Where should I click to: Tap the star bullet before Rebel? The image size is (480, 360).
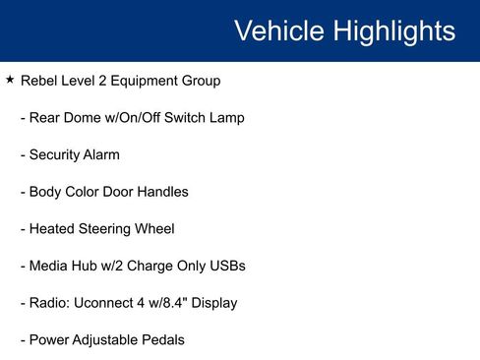pyautogui.click(x=9, y=80)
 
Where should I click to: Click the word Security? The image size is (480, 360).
pyautogui.click(x=57, y=154)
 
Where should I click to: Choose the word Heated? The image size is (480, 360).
pyautogui.click(x=52, y=229)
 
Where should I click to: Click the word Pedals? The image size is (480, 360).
pyautogui.click(x=161, y=340)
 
